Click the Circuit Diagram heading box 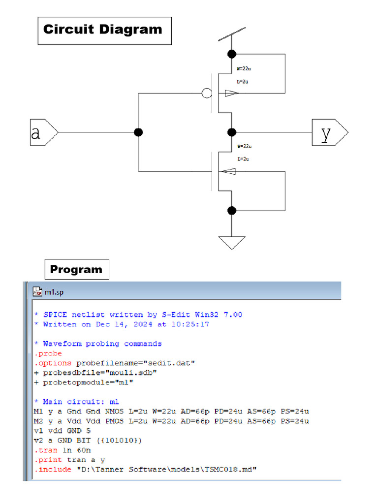tap(104, 31)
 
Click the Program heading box tap(76, 269)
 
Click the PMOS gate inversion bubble tap(207, 93)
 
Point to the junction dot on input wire tap(139, 132)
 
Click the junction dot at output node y tap(232, 132)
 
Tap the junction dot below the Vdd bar tap(232, 54)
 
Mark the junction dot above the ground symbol tap(232, 211)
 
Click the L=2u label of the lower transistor tap(243, 159)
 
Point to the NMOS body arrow tap(228, 171)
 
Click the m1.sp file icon tap(37, 292)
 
